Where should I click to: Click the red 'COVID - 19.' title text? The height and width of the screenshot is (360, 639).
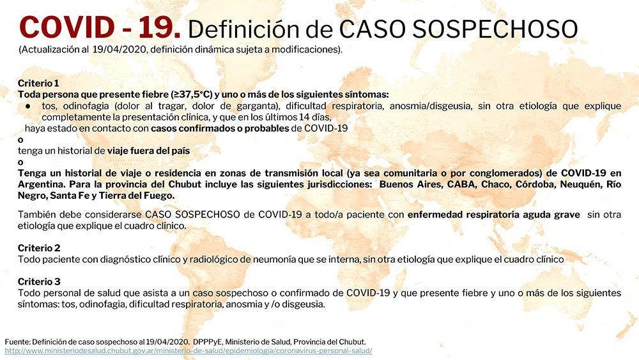click(x=100, y=27)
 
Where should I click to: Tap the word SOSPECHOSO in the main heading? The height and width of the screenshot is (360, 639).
click(x=495, y=29)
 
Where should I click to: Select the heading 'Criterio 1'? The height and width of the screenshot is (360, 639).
click(x=38, y=83)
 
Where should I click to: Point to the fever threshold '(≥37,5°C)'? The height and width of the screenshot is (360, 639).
click(x=191, y=95)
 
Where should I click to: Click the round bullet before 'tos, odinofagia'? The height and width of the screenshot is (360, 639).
click(x=27, y=106)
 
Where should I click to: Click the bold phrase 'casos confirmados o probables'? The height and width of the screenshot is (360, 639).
click(x=220, y=129)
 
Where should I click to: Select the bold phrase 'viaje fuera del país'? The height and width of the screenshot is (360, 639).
click(x=148, y=151)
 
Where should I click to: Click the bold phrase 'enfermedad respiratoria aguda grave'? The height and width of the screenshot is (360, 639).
click(x=494, y=215)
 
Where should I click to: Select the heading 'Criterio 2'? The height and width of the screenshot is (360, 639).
click(x=39, y=248)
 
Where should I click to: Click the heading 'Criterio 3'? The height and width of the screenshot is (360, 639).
click(x=39, y=281)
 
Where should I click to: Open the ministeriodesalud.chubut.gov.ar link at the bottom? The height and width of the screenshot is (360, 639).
click(x=189, y=350)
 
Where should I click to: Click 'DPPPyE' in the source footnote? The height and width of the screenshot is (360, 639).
click(x=208, y=342)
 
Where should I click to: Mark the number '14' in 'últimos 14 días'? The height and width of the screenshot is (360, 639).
click(x=292, y=118)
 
